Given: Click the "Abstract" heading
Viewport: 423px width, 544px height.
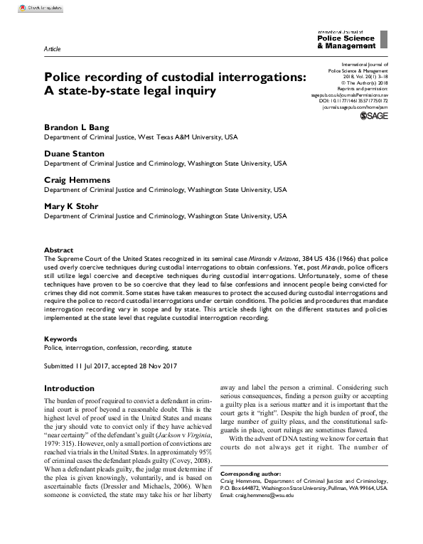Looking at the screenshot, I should coord(58,250).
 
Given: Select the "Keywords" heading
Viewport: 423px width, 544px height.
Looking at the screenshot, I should coord(60,339).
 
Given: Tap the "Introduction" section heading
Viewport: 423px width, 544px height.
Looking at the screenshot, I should coord(79,389).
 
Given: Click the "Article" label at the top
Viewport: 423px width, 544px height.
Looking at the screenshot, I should coord(52,48).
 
